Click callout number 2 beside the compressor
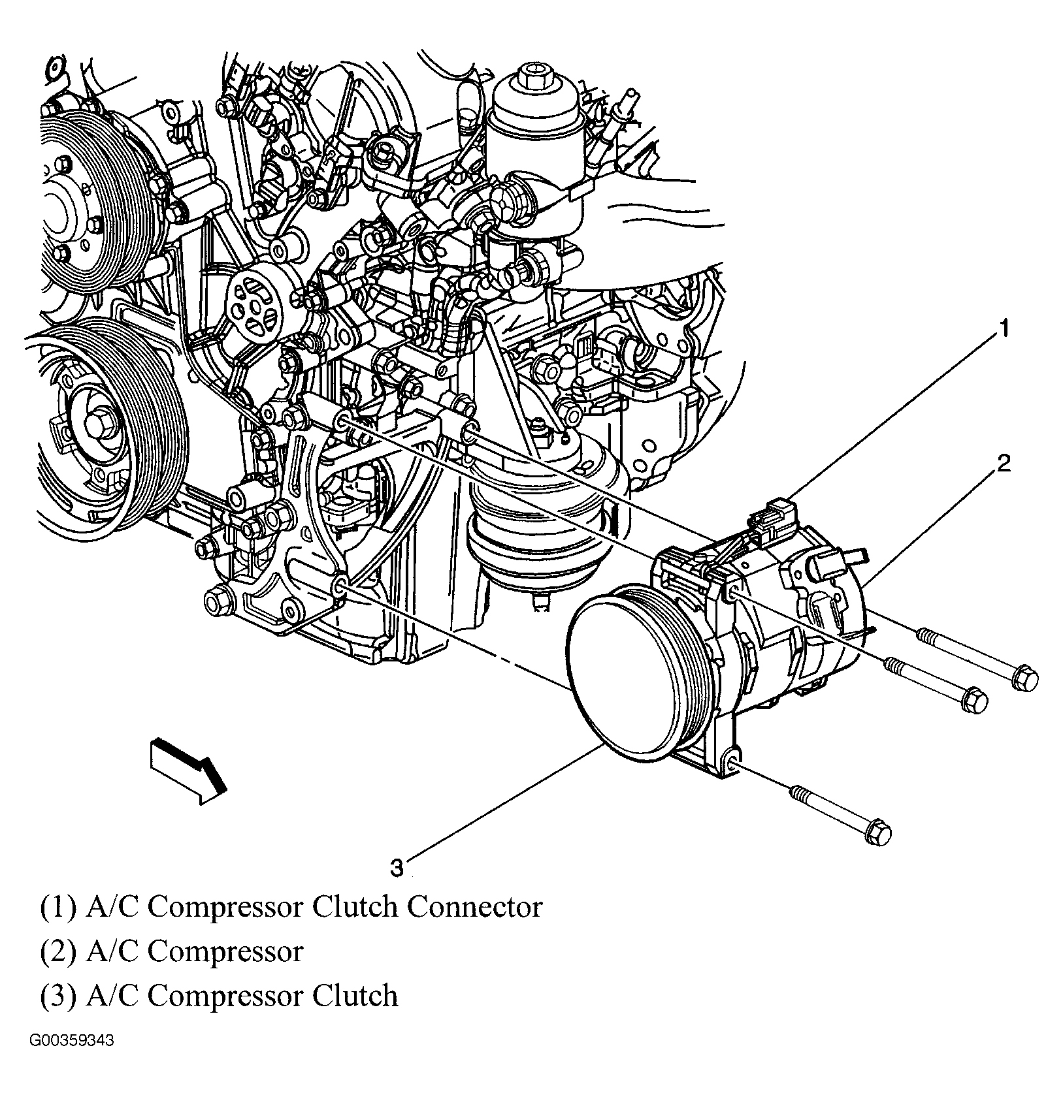tap(1003, 464)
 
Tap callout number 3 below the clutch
tap(397, 868)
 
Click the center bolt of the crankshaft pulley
tap(100, 426)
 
